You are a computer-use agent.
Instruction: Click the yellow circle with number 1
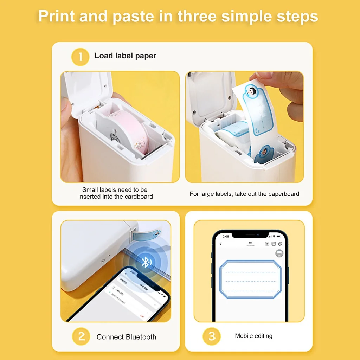coord(80,56)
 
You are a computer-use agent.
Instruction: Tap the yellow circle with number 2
coord(81,336)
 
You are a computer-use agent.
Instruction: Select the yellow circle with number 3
coord(212,336)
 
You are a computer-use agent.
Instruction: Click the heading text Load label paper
coord(125,56)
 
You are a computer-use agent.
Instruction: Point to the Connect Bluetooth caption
coord(126,337)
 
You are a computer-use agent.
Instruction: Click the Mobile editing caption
coord(253,336)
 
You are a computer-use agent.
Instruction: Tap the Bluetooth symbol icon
coord(144,262)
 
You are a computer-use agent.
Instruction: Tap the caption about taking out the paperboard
coord(244,194)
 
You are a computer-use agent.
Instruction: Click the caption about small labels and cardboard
coord(116,193)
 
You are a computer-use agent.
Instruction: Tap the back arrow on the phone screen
coord(221,244)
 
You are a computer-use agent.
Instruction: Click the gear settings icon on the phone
coord(280,244)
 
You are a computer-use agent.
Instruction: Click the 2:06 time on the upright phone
coord(225,237)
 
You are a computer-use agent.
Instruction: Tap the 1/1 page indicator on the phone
coord(250,243)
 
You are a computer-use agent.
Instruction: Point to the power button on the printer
coord(103,261)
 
